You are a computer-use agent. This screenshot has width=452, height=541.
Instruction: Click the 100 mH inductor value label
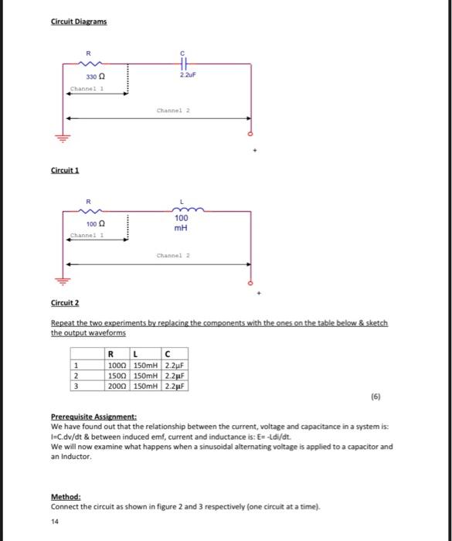[x=180, y=223]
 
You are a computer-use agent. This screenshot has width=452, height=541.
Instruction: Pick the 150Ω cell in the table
[x=117, y=375]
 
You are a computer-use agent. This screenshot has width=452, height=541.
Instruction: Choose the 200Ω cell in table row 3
[x=117, y=385]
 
